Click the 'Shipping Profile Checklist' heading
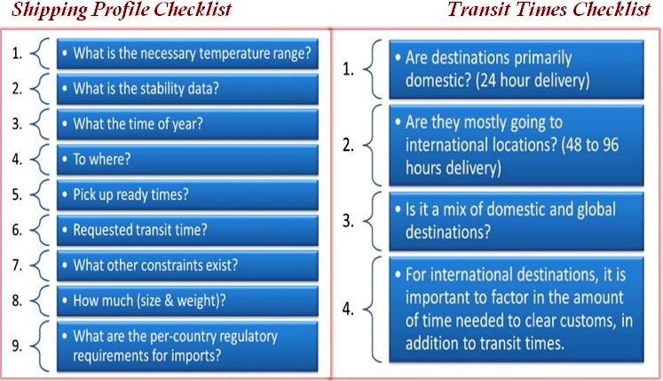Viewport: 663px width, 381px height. point(122,9)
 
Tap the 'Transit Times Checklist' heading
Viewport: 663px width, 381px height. point(549,9)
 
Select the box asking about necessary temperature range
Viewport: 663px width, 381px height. point(187,54)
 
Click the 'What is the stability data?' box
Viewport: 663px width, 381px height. point(187,89)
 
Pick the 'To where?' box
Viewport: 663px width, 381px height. point(187,160)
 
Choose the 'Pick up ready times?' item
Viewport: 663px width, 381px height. point(187,194)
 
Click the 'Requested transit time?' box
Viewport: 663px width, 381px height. point(187,230)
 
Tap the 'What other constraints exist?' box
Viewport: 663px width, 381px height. point(187,266)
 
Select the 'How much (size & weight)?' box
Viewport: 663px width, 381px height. point(187,300)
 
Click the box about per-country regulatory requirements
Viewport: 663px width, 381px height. point(187,346)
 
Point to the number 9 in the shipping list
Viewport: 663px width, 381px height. point(17,345)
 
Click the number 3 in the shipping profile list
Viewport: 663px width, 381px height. point(17,124)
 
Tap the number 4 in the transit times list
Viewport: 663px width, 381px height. point(348,309)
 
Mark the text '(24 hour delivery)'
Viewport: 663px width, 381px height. point(533,80)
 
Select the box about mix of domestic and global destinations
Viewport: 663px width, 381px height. point(517,221)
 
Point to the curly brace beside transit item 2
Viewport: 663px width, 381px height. point(373,145)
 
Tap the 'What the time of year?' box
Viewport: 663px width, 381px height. point(187,124)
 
